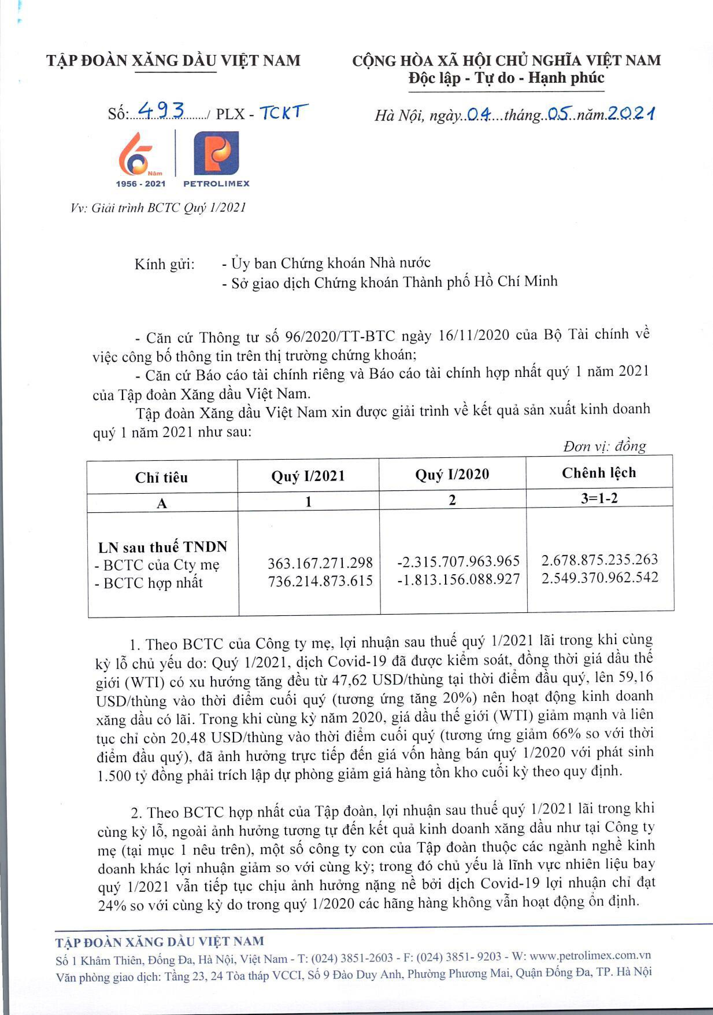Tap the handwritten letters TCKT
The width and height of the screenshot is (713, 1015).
[x=283, y=112]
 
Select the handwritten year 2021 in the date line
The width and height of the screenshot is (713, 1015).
[x=631, y=114]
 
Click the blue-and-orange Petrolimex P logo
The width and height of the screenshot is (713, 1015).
[x=216, y=153]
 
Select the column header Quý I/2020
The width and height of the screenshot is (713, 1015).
[x=452, y=474]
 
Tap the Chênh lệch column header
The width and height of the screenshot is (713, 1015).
[x=599, y=473]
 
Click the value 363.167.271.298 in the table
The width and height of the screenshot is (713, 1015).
[x=320, y=563]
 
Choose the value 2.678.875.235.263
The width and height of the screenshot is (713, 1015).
[x=599, y=560]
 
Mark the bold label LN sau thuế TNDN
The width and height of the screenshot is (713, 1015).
[x=162, y=547]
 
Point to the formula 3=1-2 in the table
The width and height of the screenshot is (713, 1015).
[x=599, y=498]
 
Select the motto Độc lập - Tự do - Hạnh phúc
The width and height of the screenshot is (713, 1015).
[x=506, y=78]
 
